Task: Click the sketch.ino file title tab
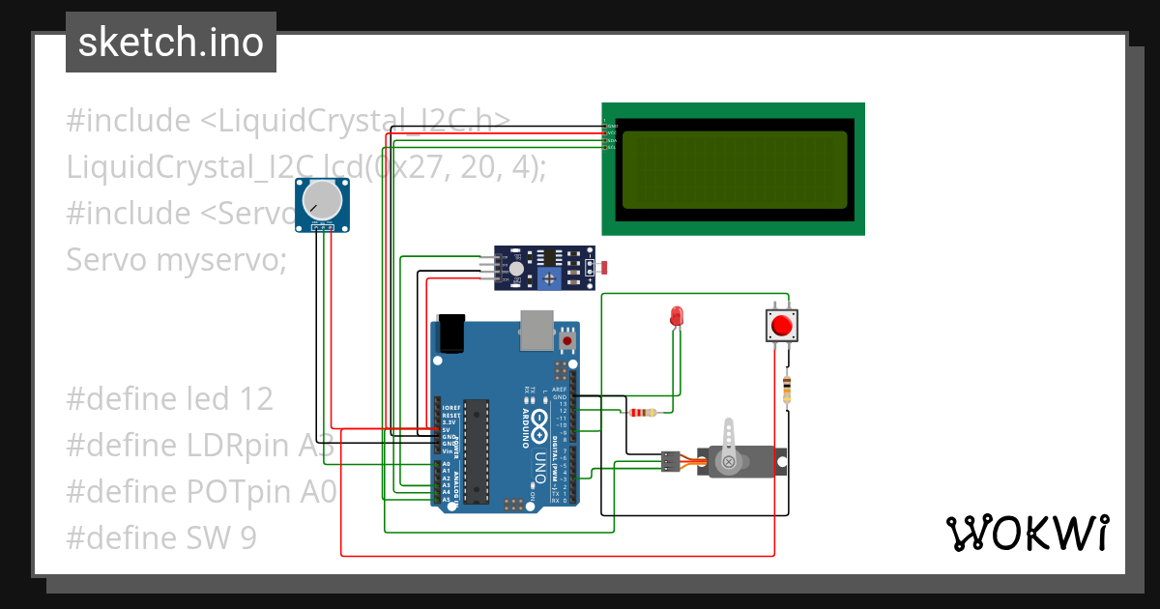171,43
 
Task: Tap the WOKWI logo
1027,533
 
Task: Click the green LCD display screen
734,169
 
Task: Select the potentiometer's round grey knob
322,200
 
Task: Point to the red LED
677,316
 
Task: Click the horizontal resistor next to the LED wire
642,413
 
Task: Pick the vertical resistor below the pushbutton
787,390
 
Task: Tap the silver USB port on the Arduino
535,331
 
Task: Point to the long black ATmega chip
473,451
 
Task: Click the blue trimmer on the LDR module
550,279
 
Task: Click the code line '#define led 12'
170,398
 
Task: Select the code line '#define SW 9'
161,537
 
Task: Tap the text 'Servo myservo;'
177,259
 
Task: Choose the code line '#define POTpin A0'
201,491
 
